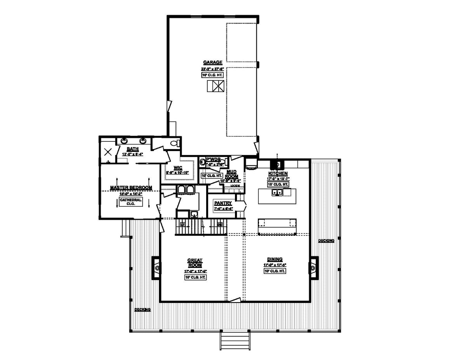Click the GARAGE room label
[212, 62]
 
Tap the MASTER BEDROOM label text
[130, 188]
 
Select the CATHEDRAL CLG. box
[130, 202]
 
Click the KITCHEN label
[278, 173]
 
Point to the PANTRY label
[223, 203]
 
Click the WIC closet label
[178, 168]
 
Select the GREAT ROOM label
[195, 263]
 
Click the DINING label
[275, 259]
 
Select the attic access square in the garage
[215, 86]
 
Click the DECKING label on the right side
[326, 241]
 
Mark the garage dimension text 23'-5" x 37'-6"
[212, 69]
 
